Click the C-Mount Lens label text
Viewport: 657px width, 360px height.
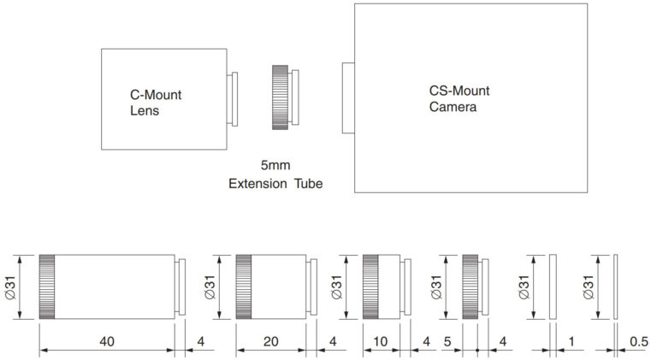coord(156,103)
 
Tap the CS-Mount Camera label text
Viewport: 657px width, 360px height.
coord(459,99)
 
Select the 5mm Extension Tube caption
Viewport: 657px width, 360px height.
coord(275,174)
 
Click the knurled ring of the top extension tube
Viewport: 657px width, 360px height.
coord(280,97)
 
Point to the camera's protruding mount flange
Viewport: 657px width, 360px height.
coord(348,98)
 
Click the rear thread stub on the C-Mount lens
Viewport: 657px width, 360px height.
coord(232,99)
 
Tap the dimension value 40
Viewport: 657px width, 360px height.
coord(107,341)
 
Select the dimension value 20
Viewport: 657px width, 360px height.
coord(270,341)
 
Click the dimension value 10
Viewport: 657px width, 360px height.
coord(380,341)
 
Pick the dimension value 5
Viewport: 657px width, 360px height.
coord(447,341)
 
